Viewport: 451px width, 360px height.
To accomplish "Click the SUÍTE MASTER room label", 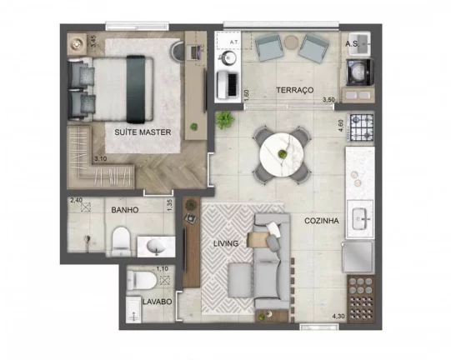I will [x=143, y=132].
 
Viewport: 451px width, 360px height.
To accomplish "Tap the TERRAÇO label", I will [x=272, y=89].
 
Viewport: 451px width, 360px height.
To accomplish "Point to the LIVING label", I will [x=225, y=243].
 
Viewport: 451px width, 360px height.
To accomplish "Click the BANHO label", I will [x=124, y=210].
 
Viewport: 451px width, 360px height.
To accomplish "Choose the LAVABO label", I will [x=157, y=301].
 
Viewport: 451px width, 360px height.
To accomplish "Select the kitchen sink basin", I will [x=360, y=219].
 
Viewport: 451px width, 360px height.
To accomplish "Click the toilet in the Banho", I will [x=120, y=242].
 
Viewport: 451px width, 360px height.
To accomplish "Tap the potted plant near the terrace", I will [x=224, y=120].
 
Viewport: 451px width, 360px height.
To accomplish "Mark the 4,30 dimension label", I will [x=338, y=315].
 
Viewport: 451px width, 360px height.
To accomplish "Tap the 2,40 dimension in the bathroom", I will [x=76, y=201].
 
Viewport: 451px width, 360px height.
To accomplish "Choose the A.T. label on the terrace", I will [x=235, y=40].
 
